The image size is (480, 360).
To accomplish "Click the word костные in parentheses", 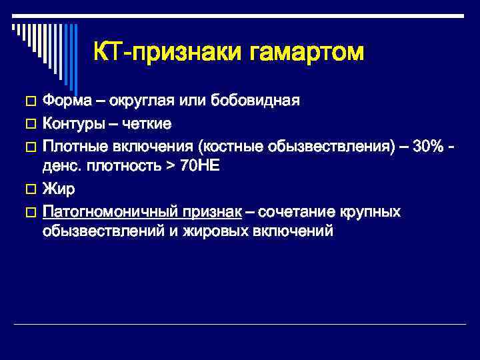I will tap(221, 146).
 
